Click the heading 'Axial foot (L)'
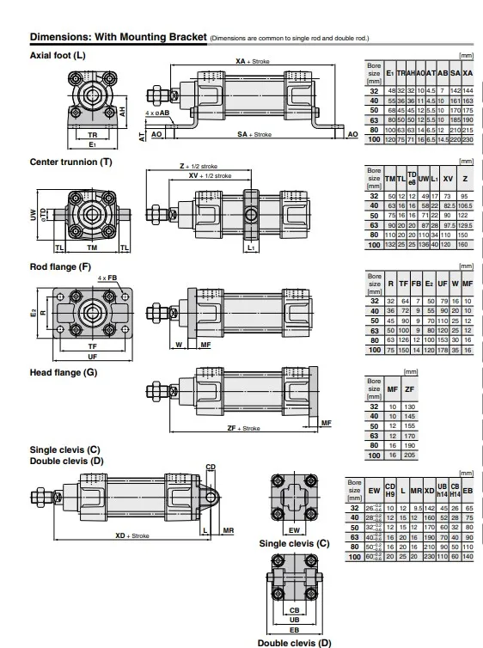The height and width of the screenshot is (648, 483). (x=58, y=56)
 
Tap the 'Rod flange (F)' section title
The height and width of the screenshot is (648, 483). (x=60, y=267)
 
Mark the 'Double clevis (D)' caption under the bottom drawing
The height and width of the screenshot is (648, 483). (x=294, y=641)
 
